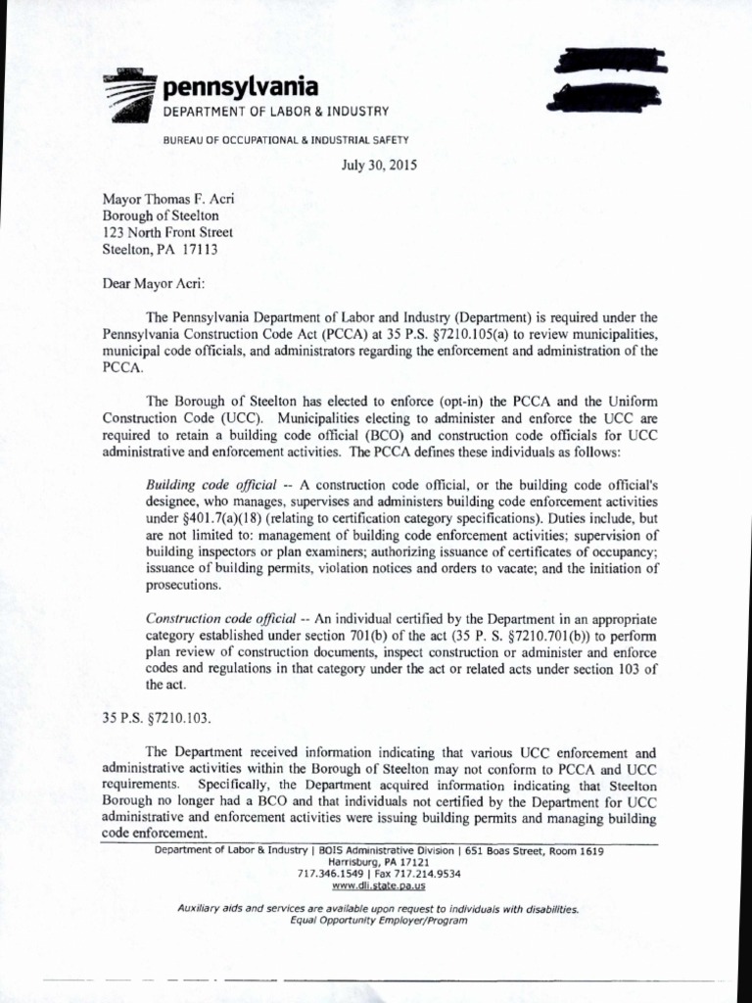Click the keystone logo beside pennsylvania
pyautogui.click(x=131, y=96)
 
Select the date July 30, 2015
pyautogui.click(x=379, y=166)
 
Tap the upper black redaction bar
pyautogui.click(x=610, y=63)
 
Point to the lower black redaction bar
pyautogui.click(x=608, y=97)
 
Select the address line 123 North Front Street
pyautogui.click(x=168, y=232)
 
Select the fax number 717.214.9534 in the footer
pyautogui.click(x=426, y=873)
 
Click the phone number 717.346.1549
pyautogui.click(x=330, y=873)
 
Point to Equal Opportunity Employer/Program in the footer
pyautogui.click(x=378, y=921)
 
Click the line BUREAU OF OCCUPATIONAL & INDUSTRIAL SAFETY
pyautogui.click(x=285, y=140)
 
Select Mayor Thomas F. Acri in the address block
pyautogui.click(x=168, y=198)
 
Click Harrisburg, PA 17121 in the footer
pyautogui.click(x=378, y=862)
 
